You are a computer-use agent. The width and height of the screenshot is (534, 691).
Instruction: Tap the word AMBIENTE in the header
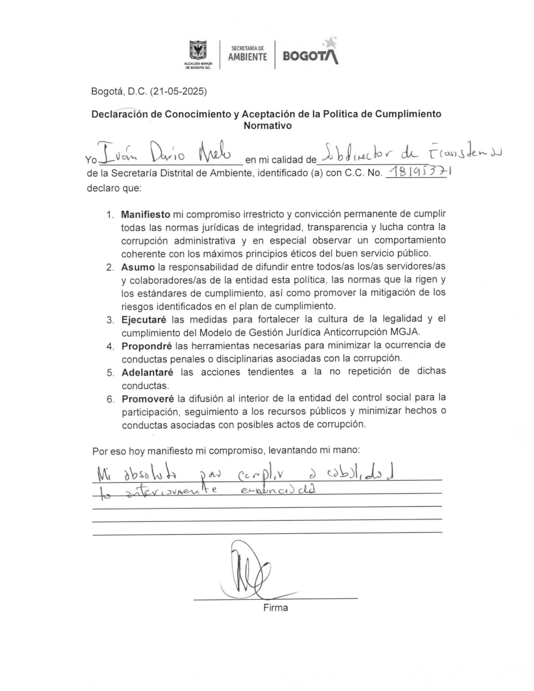point(248,57)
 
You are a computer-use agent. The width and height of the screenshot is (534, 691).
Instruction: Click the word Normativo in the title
point(268,126)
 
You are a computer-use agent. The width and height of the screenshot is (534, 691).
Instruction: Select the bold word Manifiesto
point(145,215)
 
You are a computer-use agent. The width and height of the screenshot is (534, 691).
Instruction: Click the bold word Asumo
point(138,267)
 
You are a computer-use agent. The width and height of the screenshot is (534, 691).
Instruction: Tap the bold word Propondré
point(146,345)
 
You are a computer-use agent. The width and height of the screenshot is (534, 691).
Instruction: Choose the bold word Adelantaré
point(147,372)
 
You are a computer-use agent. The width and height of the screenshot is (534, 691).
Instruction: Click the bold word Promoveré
point(147,398)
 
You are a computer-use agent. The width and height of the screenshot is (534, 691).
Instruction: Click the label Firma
point(275,608)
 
